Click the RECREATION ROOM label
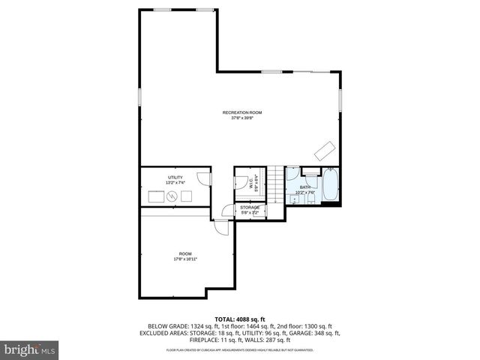(x=241, y=112)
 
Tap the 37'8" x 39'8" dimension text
(x=241, y=118)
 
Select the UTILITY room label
(x=174, y=177)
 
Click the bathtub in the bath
(x=331, y=187)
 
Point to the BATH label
(x=305, y=187)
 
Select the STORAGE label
(x=250, y=207)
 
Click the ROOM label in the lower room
(x=185, y=253)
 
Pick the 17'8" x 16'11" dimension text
(x=185, y=259)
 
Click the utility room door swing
(x=203, y=178)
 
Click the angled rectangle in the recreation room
(x=324, y=149)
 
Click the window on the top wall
(x=162, y=9)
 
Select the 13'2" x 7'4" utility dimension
(x=174, y=182)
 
